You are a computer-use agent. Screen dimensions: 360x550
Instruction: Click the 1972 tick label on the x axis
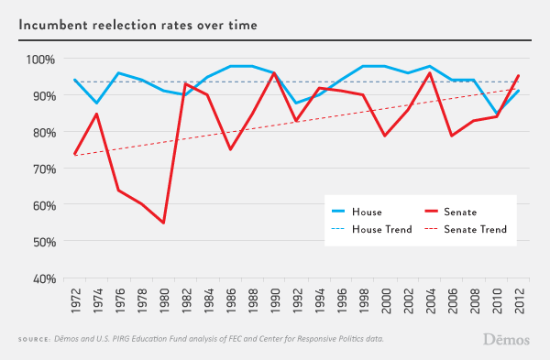(x=75, y=299)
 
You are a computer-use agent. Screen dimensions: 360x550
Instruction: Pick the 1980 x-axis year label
(x=164, y=299)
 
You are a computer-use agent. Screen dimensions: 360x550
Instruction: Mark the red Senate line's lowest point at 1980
(x=164, y=223)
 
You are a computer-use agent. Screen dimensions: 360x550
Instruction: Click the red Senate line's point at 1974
(x=97, y=114)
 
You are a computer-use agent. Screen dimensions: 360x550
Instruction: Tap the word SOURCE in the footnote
(x=36, y=340)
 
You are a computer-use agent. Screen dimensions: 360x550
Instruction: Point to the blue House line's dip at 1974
(x=97, y=104)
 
